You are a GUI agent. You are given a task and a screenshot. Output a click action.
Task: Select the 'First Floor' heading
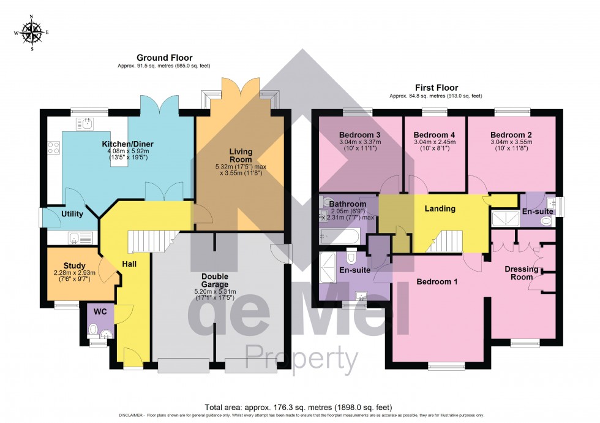click(436, 88)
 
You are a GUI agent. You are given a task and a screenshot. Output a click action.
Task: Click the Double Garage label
click(215, 280)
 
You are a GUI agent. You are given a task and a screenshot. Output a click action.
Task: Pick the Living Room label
click(241, 156)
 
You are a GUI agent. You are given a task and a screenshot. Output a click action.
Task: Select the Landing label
click(440, 208)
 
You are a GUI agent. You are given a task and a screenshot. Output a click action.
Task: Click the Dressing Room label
click(521, 273)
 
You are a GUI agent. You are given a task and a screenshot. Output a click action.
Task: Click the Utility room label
click(72, 214)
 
